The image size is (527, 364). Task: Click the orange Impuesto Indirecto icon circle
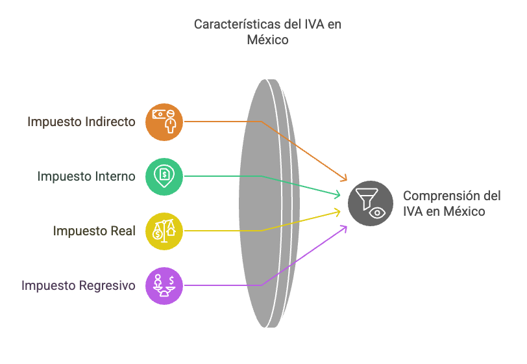point(164,122)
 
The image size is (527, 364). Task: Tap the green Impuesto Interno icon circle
point(164,176)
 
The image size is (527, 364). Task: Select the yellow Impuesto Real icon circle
point(164,231)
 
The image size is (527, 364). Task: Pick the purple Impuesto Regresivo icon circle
point(164,285)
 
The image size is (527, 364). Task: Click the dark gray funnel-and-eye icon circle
point(371,203)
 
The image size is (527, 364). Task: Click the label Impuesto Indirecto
point(81,122)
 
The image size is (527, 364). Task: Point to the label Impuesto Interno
point(86,176)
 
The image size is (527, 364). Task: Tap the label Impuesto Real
point(94,231)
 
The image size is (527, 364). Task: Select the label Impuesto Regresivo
point(79,285)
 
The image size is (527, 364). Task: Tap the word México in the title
point(267,40)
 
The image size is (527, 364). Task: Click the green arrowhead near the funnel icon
point(337,194)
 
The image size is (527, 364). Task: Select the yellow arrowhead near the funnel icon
point(337,211)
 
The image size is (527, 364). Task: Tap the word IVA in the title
point(313,24)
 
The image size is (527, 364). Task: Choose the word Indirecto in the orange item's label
point(111,122)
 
